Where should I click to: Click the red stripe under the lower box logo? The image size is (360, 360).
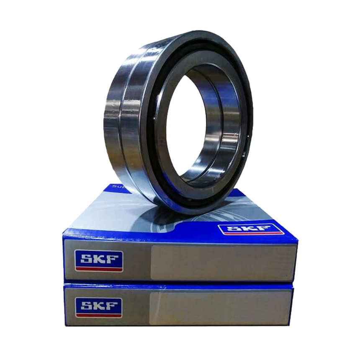tap(99, 315)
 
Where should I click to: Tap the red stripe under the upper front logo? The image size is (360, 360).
tap(99, 269)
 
